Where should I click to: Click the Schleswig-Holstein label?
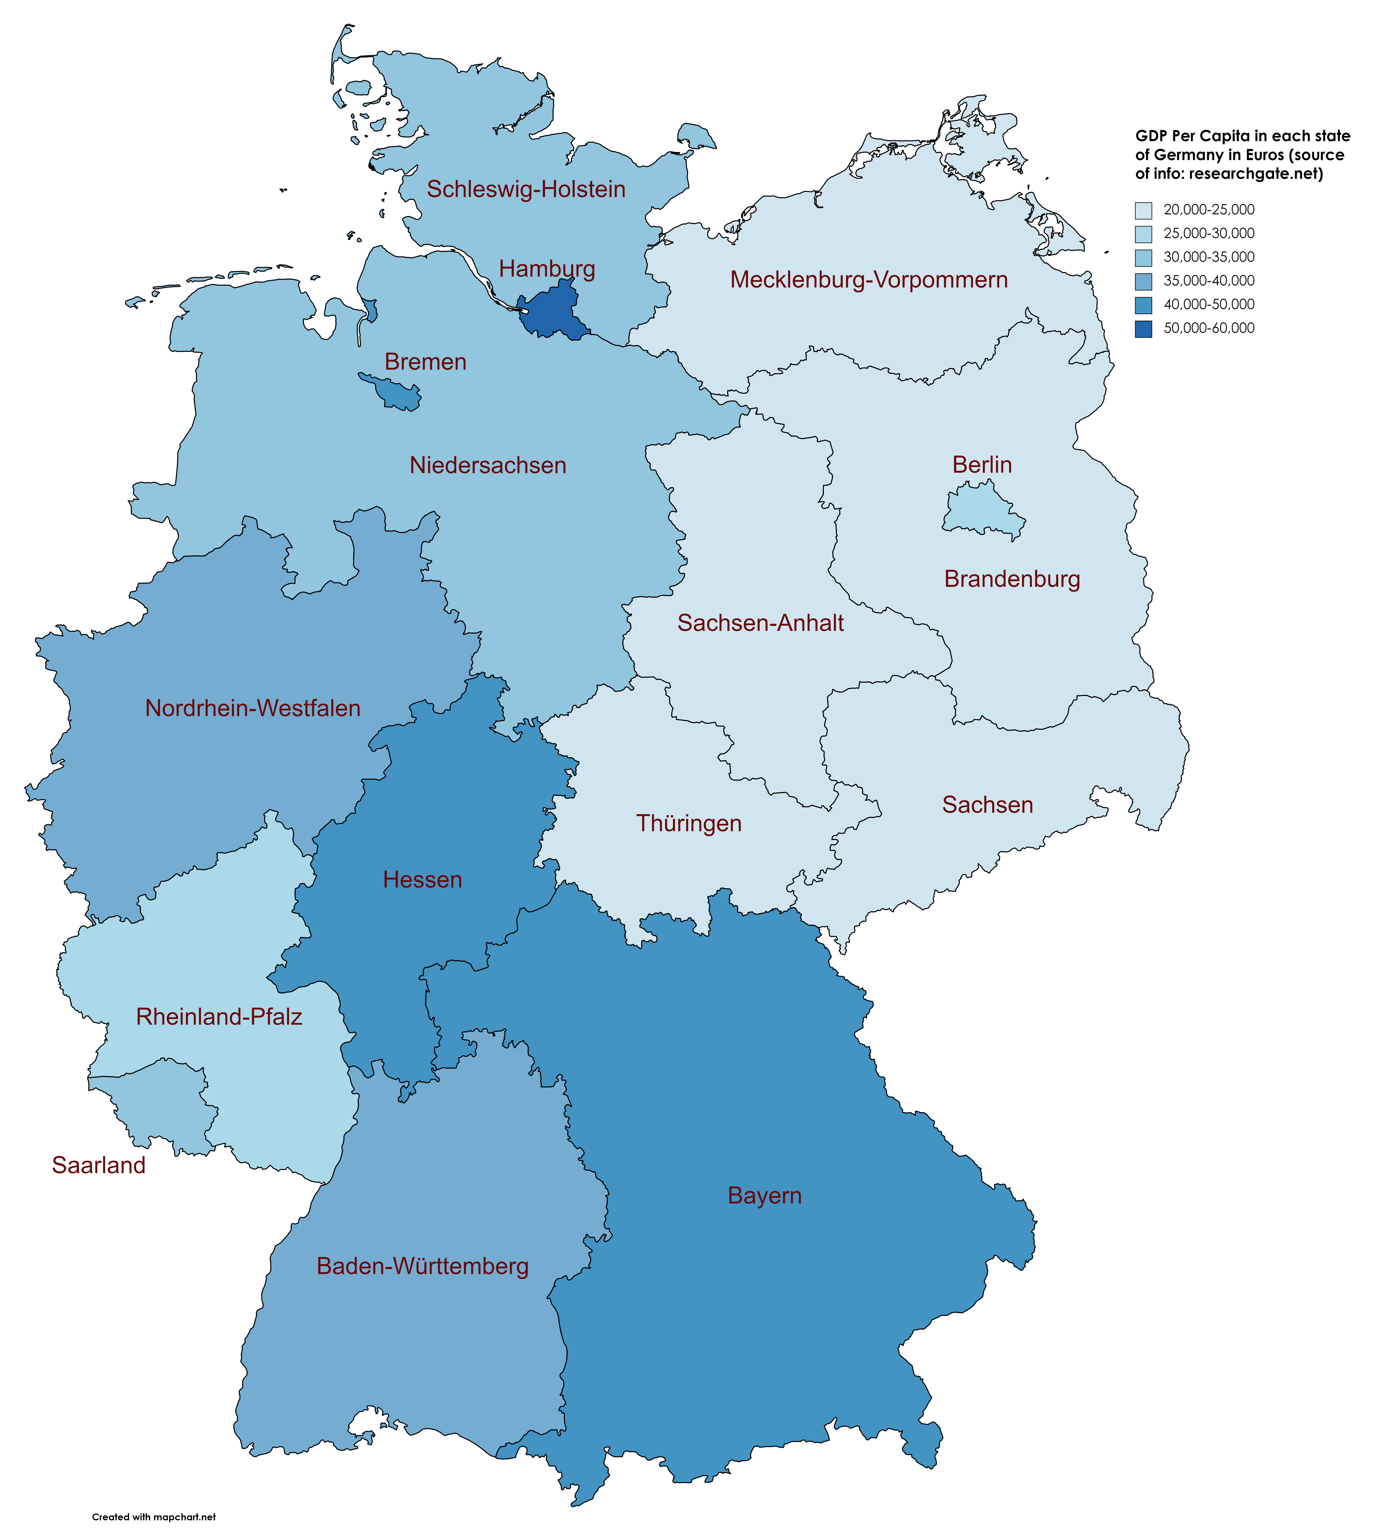(526, 189)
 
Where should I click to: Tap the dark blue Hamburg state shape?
(553, 312)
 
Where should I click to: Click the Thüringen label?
(689, 823)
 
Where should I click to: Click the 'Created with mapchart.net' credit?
(154, 1495)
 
